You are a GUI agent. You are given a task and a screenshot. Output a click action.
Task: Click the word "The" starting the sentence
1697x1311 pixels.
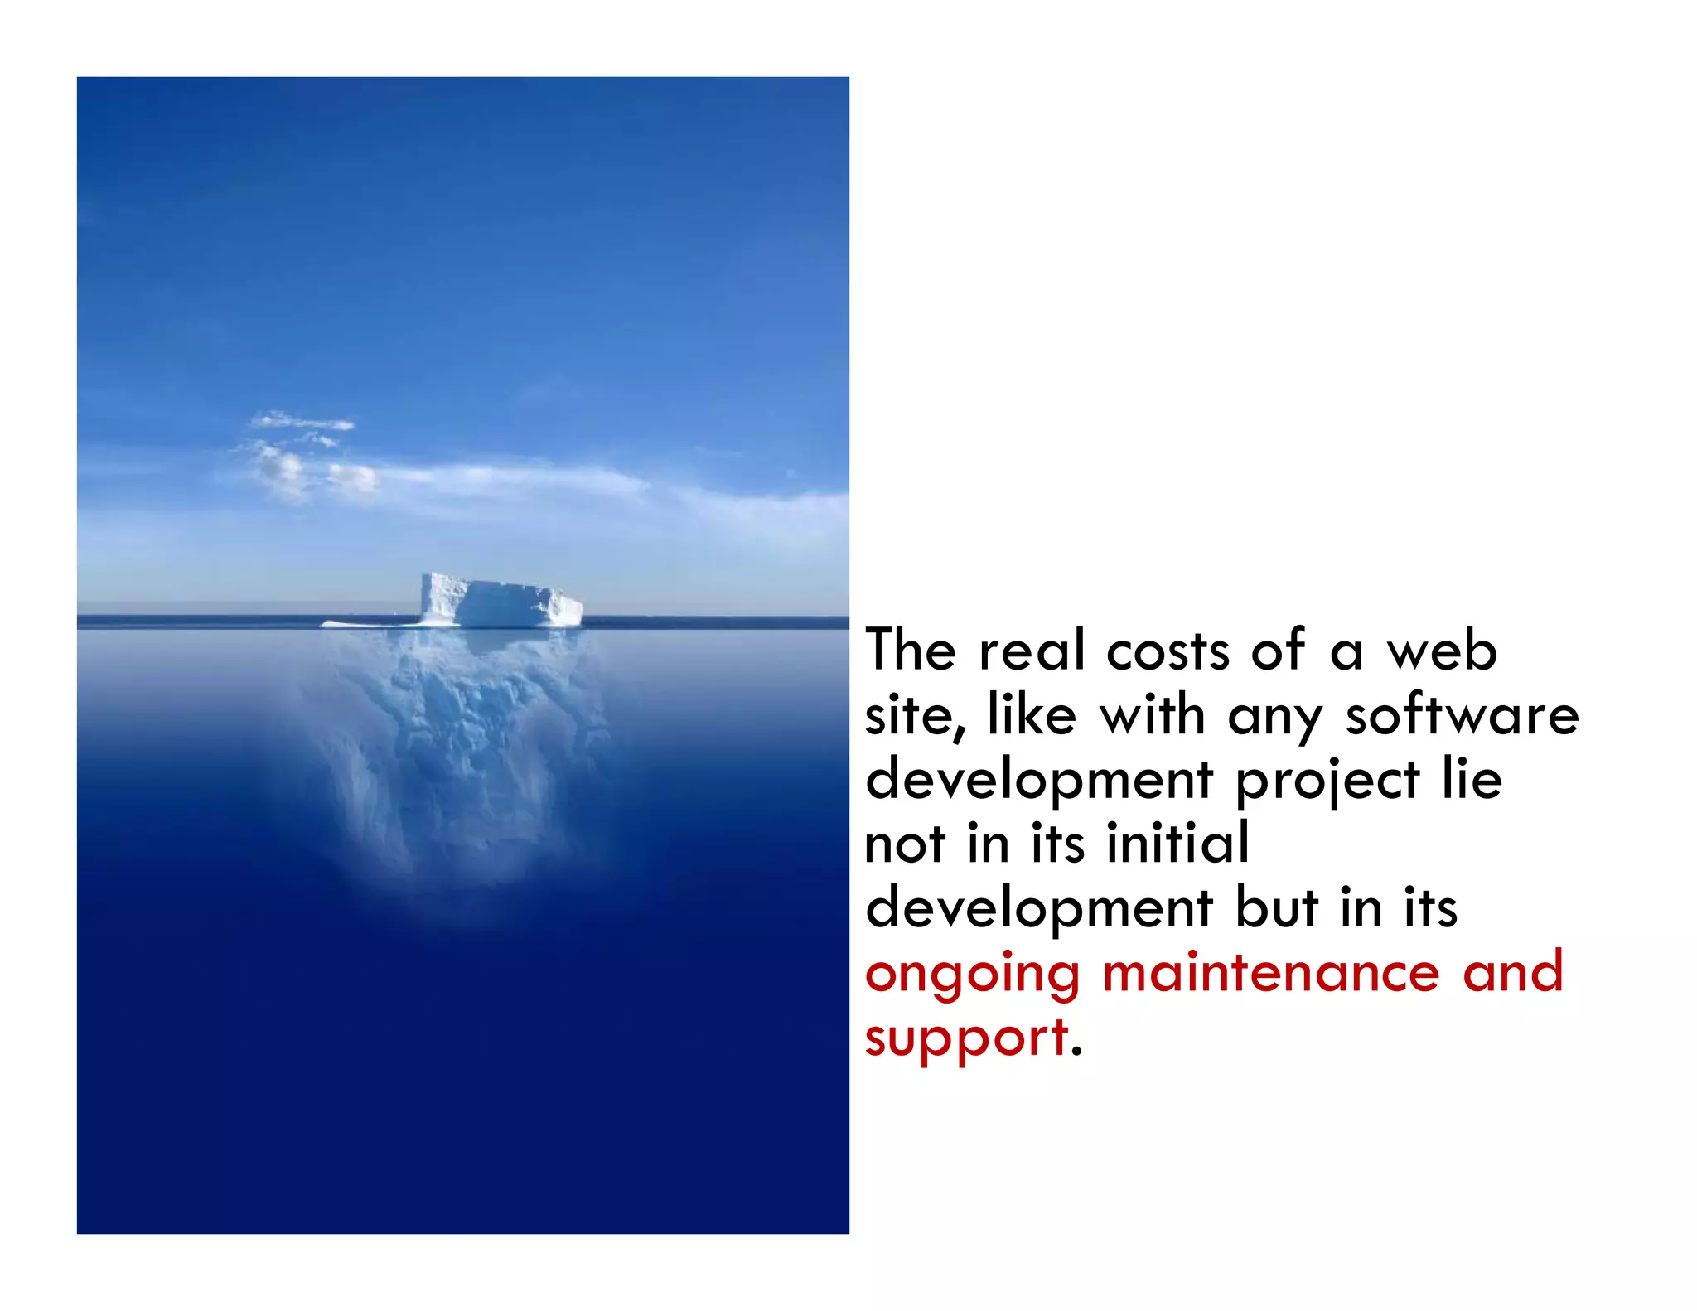(x=911, y=650)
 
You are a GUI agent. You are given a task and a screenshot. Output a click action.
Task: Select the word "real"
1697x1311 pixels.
(x=1032, y=651)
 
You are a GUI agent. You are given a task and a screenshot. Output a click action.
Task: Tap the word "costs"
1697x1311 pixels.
(x=1168, y=651)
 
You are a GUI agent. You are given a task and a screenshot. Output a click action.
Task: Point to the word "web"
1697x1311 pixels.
(x=1442, y=651)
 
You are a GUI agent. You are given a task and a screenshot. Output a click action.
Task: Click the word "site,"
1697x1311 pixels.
(x=915, y=716)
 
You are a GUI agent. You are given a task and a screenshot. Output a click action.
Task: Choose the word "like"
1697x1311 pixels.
(x=1032, y=714)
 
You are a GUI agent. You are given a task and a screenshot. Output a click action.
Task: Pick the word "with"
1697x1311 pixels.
(x=1152, y=714)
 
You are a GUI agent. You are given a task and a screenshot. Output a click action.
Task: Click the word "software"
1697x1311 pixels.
(x=1463, y=714)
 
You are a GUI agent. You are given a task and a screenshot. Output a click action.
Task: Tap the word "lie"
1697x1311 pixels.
(x=1472, y=779)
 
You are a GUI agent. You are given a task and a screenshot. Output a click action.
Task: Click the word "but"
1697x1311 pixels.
(x=1277, y=907)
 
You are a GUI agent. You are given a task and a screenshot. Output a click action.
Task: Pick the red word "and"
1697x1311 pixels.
(x=1513, y=972)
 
